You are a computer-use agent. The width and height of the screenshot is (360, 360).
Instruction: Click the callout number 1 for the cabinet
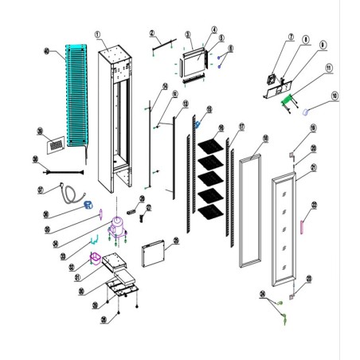(x=98, y=35)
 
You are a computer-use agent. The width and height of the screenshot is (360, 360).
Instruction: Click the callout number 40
(x=46, y=53)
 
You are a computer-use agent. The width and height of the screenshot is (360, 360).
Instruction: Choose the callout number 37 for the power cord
(x=41, y=190)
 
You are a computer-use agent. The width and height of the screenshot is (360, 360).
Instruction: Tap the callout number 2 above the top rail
(x=151, y=33)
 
